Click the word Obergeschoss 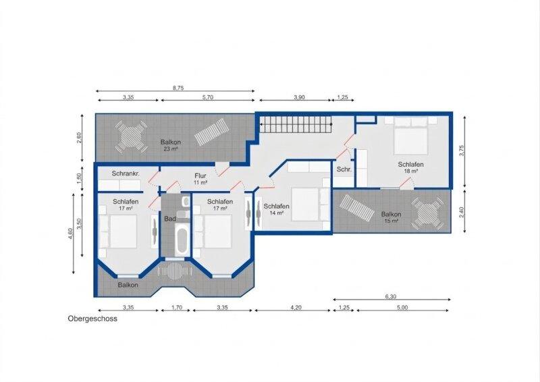tap(92, 319)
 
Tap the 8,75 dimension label tap(178, 88)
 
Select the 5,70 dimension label tap(208, 97)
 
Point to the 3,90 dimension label tap(299, 97)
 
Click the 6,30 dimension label tap(391, 296)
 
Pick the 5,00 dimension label tap(402, 307)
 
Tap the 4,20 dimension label tap(296, 307)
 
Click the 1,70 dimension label tap(177, 307)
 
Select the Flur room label tap(200, 175)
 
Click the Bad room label tap(170, 219)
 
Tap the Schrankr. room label tap(126, 173)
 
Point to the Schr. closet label tap(344, 169)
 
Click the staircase tap(296, 124)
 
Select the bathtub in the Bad tap(182, 239)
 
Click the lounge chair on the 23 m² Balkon tap(212, 132)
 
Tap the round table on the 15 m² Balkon tap(427, 213)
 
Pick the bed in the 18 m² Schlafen tap(411, 136)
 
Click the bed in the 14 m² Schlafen tap(307, 204)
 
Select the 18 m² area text tap(411, 171)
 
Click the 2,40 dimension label tap(462, 212)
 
